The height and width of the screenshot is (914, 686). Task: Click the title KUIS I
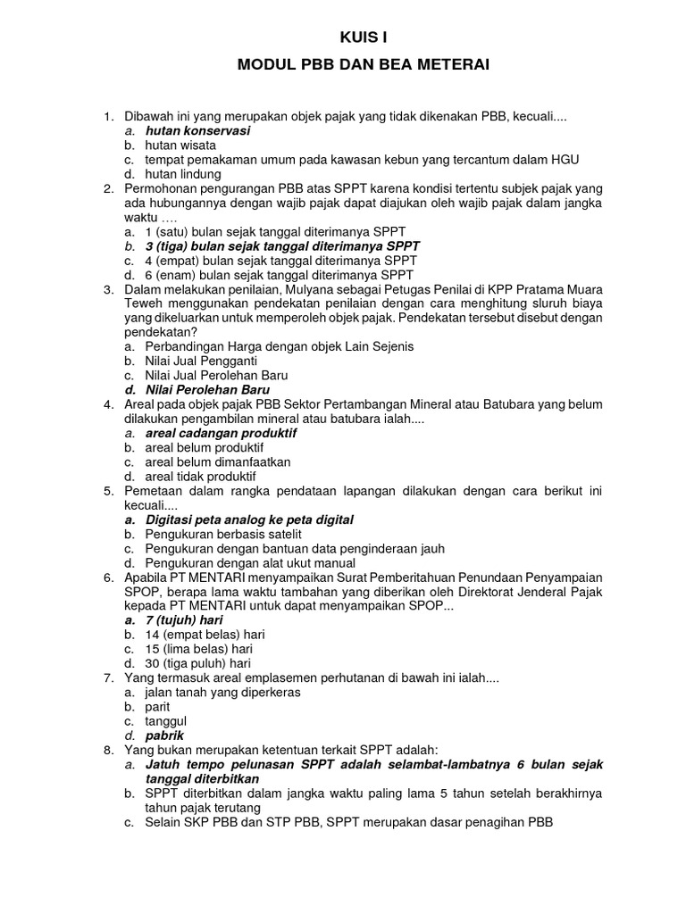tap(364, 37)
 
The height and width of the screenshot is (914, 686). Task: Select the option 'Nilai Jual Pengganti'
tap(201, 361)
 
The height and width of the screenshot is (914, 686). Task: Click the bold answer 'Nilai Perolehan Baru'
tap(207, 389)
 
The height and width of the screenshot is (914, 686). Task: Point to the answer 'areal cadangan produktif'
tap(221, 433)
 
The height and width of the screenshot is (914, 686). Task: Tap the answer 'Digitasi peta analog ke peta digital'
tap(249, 519)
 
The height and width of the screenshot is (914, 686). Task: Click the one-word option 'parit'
tap(159, 706)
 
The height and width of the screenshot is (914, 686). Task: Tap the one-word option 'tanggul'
tap(165, 720)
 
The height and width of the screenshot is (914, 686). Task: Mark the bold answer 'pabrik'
tap(165, 735)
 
